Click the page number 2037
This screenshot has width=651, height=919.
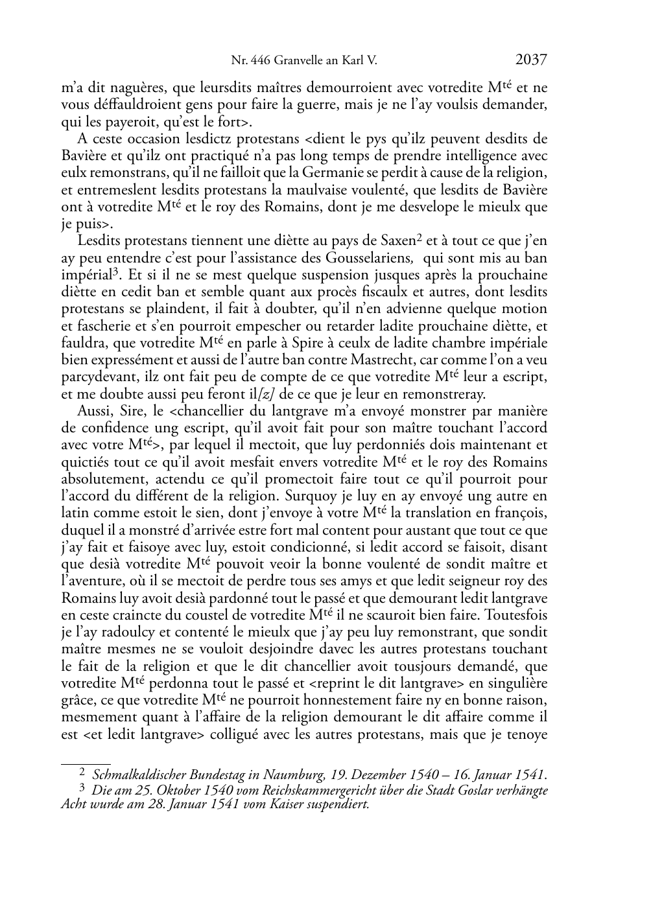click(531, 60)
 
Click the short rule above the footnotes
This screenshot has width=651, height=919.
click(86, 764)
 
